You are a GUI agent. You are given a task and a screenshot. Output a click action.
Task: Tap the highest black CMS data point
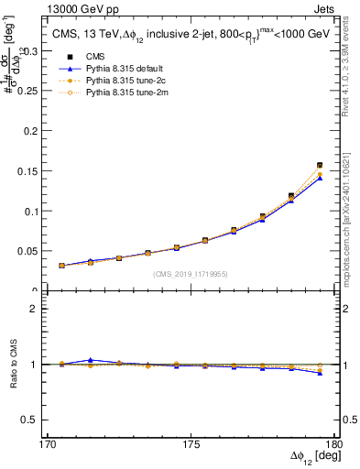click(320, 166)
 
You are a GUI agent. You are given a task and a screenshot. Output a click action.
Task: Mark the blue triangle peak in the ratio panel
click(90, 360)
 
